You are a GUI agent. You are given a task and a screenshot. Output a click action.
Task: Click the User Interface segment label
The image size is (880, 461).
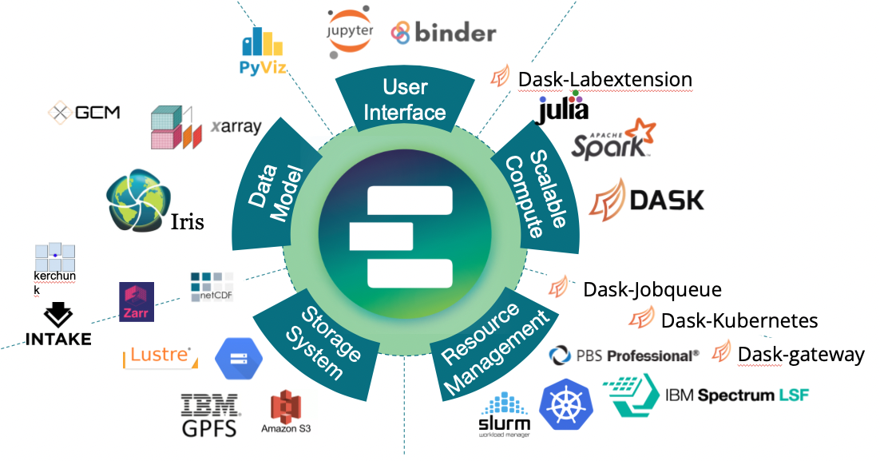(x=405, y=99)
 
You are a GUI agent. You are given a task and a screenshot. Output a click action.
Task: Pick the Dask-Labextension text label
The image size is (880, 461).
(x=605, y=79)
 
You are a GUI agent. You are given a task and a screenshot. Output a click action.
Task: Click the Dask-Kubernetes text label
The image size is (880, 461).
(x=739, y=320)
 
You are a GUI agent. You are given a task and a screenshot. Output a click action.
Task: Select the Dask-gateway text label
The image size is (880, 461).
(x=801, y=354)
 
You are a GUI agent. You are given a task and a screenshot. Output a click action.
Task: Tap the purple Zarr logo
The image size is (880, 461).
(x=137, y=302)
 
